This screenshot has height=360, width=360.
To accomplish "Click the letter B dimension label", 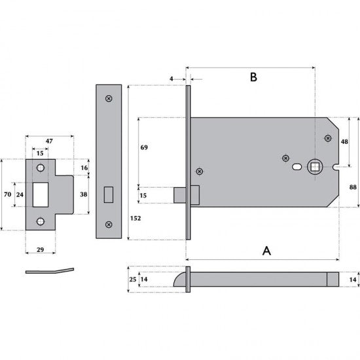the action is (x=253, y=77).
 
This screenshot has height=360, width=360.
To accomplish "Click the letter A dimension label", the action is (x=266, y=251).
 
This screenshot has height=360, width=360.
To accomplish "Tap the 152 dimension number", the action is (x=135, y=218).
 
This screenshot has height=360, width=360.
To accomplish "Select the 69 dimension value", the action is (x=144, y=147).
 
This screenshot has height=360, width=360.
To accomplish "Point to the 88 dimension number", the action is (x=353, y=187).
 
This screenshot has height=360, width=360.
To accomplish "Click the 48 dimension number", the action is (x=344, y=141).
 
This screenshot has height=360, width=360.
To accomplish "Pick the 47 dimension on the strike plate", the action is (x=49, y=141).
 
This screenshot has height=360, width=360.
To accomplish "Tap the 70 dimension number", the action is (x=8, y=194).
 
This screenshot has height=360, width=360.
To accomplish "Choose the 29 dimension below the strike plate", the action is (x=40, y=249).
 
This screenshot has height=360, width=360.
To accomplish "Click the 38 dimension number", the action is (x=84, y=194).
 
